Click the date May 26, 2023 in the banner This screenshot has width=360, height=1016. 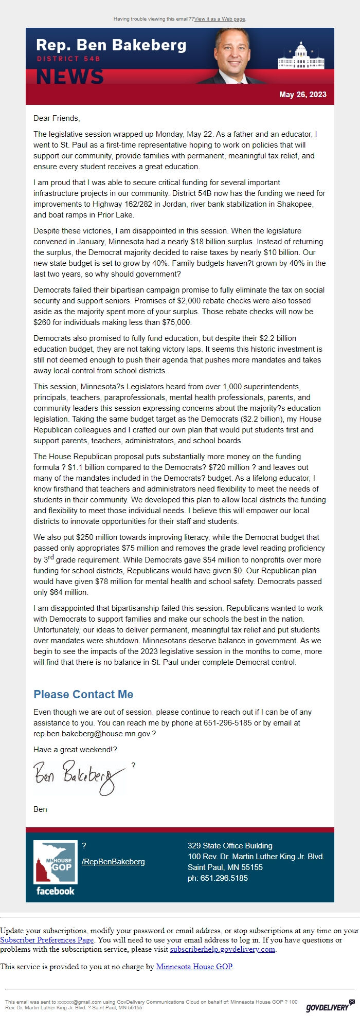(302, 95)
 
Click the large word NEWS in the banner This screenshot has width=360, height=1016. (70, 77)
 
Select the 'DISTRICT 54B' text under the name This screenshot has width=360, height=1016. (68, 59)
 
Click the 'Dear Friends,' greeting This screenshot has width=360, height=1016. (57, 118)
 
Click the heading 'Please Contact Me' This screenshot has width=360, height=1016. (83, 694)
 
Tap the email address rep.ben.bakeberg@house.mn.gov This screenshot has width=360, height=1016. (94, 734)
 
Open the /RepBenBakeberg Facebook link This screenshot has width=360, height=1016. (113, 861)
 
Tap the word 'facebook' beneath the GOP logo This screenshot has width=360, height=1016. (56, 891)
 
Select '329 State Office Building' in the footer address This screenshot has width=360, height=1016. (230, 846)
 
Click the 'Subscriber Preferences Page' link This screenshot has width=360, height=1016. (47, 940)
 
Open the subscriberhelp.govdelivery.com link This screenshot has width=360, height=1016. (223, 949)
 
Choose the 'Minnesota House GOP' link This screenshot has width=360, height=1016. (194, 967)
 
